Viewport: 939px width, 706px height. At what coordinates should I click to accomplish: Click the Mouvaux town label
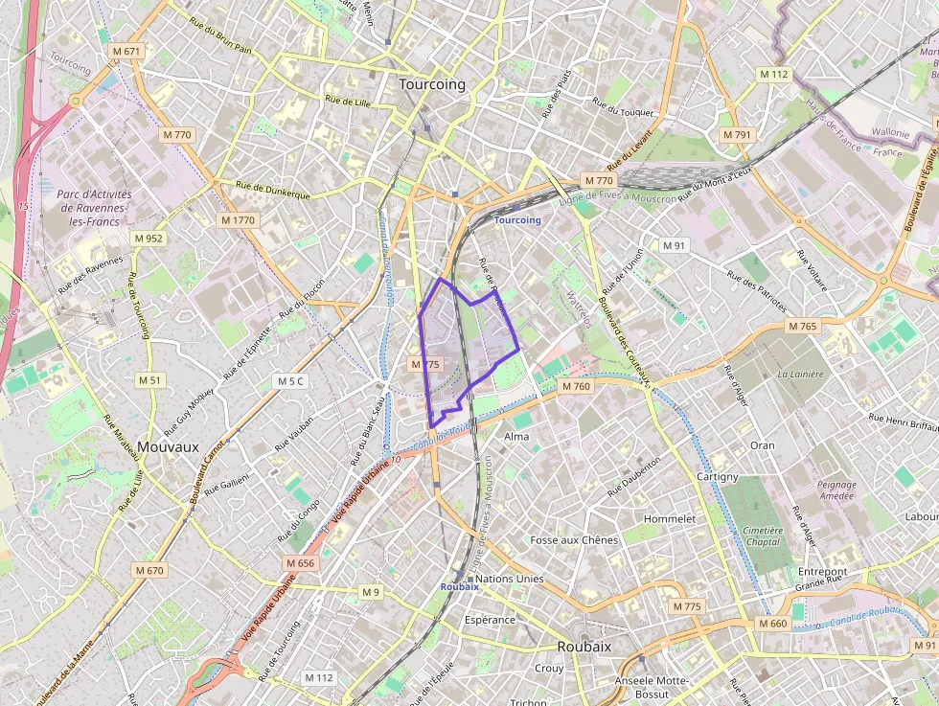click(168, 446)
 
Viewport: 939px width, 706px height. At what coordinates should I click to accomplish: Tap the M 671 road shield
click(126, 51)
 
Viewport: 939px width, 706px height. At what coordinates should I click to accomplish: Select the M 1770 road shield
click(238, 220)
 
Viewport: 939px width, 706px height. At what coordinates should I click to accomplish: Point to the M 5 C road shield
click(290, 381)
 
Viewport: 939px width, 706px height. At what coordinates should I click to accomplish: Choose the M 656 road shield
click(300, 563)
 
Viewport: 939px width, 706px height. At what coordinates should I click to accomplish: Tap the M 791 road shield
click(737, 135)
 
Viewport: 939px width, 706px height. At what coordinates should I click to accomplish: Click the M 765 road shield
click(802, 327)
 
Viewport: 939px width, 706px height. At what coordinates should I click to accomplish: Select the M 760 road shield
click(576, 386)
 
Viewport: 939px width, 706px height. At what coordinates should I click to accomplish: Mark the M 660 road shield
click(772, 624)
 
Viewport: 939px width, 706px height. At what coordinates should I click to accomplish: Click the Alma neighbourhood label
click(516, 436)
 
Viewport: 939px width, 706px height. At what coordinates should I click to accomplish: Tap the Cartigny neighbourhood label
click(718, 476)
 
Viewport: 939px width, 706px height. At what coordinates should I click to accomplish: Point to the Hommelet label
click(670, 518)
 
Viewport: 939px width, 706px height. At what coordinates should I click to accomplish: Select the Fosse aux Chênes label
click(574, 540)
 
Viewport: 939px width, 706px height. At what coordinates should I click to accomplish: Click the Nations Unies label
click(510, 579)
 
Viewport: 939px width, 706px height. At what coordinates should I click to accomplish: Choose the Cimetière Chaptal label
click(763, 535)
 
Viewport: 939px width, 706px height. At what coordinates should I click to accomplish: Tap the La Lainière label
click(800, 375)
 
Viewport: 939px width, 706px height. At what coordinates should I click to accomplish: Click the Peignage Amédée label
click(836, 490)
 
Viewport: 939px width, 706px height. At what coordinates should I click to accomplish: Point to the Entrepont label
click(822, 571)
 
